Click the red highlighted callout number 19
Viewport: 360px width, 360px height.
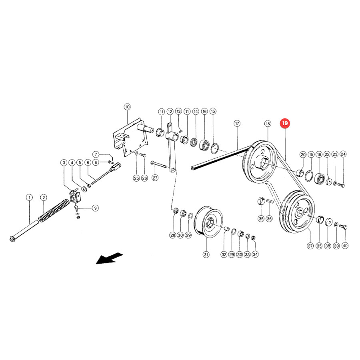point(285,123)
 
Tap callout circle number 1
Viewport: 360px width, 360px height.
point(29,198)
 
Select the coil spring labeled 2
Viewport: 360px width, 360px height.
point(54,211)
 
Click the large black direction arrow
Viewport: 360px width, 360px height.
point(109,258)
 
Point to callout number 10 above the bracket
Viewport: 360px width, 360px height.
point(127,107)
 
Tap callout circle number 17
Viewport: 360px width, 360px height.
point(237,124)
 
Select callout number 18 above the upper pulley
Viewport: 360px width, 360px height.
point(268,124)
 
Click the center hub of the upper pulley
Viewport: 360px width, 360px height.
point(263,162)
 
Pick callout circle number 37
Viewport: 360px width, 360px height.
point(310,246)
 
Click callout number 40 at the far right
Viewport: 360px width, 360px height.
point(345,246)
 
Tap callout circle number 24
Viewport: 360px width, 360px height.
point(343,154)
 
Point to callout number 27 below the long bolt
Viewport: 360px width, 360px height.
point(155,178)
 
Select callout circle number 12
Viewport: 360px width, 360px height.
point(170,112)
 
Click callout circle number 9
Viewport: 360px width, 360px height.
point(95,208)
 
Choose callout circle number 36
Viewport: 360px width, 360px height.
point(269,218)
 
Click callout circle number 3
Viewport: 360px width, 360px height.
point(64,163)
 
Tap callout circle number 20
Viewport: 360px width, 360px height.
point(303,154)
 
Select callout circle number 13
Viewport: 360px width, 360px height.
point(179,111)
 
